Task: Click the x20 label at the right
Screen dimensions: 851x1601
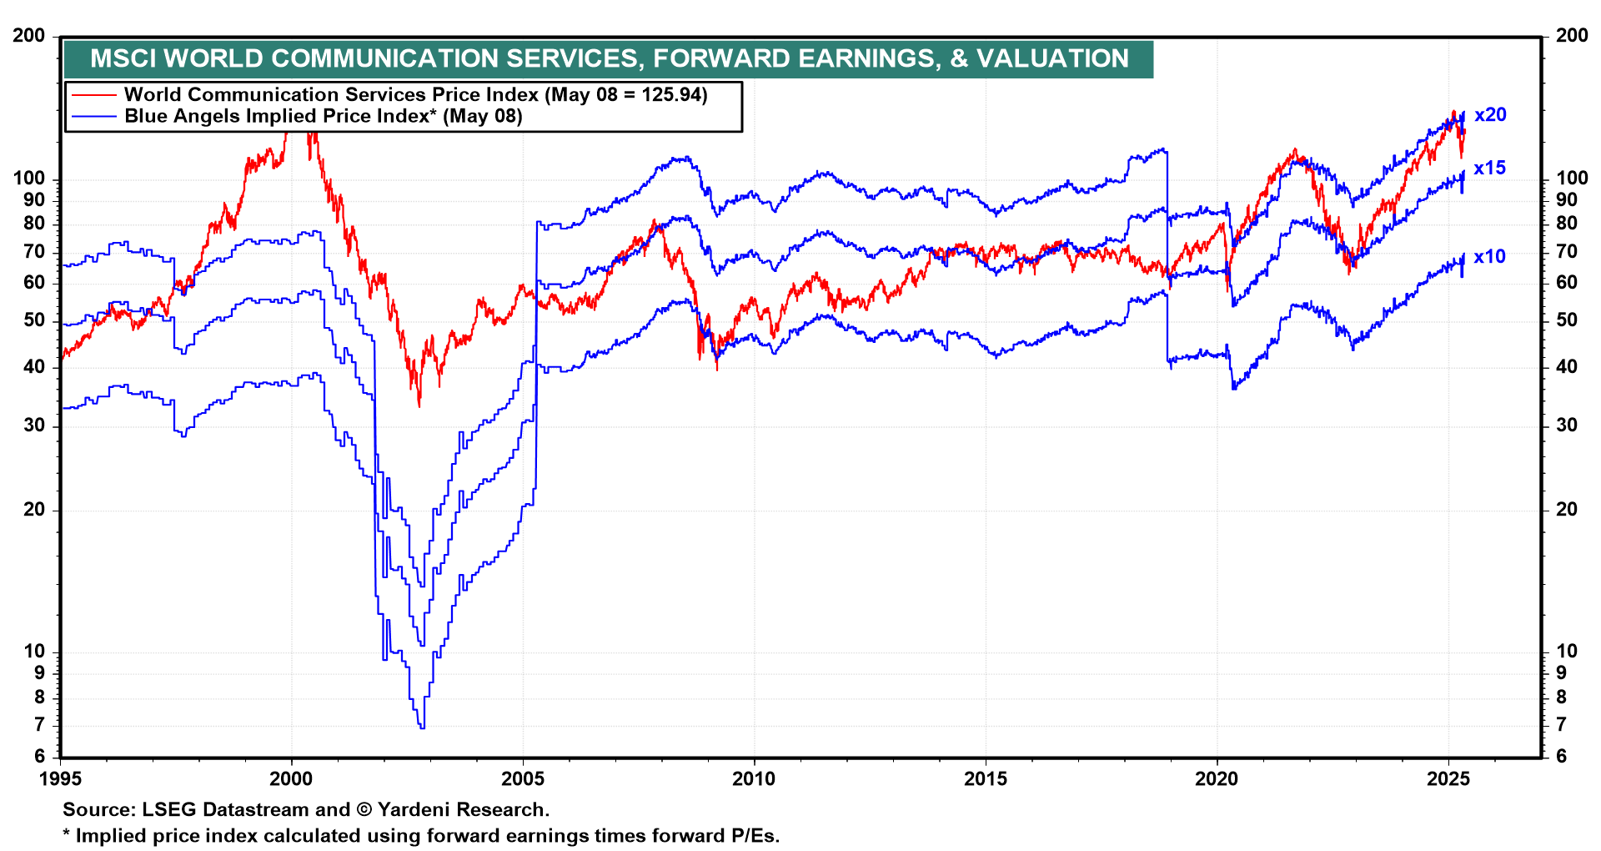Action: click(x=1490, y=115)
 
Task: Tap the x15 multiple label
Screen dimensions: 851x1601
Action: click(x=1489, y=169)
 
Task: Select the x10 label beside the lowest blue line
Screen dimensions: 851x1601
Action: click(x=1489, y=257)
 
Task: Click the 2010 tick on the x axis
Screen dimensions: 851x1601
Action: click(x=754, y=779)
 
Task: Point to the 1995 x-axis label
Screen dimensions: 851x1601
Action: click(x=60, y=779)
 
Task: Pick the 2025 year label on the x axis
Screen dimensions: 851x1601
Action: click(x=1448, y=779)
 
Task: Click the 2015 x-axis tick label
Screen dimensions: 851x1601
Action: click(x=985, y=779)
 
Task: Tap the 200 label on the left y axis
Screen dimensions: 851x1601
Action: click(x=29, y=36)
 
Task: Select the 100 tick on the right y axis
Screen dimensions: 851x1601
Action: click(x=1572, y=179)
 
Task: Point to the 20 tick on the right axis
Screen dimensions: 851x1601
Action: click(x=1567, y=510)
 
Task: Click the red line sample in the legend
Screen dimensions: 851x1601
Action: click(x=93, y=95)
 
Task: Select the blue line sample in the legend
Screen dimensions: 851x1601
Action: click(x=93, y=117)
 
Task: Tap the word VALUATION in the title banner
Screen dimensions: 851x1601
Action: click(x=1052, y=58)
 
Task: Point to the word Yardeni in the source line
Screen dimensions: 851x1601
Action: click(x=413, y=809)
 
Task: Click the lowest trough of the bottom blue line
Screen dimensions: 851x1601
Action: click(x=422, y=728)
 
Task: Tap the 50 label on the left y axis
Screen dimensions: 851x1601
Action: click(x=34, y=320)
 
